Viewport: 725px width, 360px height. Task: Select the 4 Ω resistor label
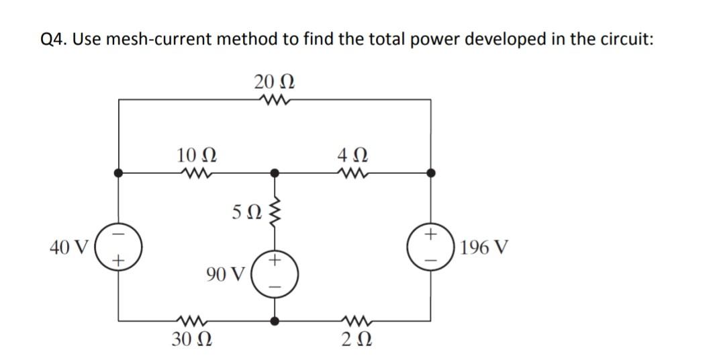[x=353, y=155]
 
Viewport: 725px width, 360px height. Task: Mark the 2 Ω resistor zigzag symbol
[x=354, y=319]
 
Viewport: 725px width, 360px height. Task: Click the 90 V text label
[x=226, y=273]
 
